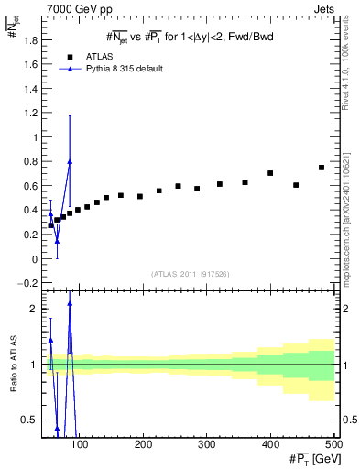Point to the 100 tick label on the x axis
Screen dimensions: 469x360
pyautogui.click(x=81, y=445)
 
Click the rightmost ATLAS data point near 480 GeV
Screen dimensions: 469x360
pyautogui.click(x=322, y=168)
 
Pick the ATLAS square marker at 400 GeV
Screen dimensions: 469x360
pyautogui.click(x=270, y=173)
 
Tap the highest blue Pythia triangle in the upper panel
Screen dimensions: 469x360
pyautogui.click(x=70, y=161)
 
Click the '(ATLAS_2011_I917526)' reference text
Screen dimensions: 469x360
pyautogui.click(x=190, y=272)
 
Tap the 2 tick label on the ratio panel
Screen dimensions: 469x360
pyautogui.click(x=35, y=309)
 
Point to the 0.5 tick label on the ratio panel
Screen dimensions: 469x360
pyautogui.click(x=33, y=420)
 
